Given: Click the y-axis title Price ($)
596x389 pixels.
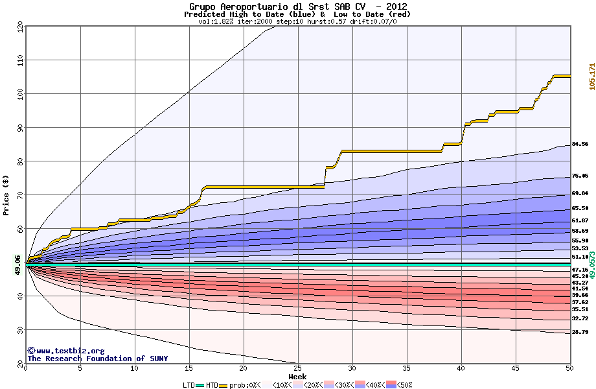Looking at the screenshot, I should [x=6, y=195].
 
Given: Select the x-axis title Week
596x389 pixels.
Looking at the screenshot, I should [x=298, y=377].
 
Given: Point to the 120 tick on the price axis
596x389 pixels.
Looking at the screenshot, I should [x=19, y=26].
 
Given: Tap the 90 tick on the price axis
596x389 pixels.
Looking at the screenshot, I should [x=19, y=128].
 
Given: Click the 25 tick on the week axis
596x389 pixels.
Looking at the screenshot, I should [x=298, y=368].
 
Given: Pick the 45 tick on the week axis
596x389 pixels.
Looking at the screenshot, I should [x=516, y=368].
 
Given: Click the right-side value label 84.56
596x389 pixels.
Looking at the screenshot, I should [x=580, y=144].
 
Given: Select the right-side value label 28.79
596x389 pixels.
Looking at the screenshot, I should [x=580, y=332].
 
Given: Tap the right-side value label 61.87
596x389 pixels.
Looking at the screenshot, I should [x=580, y=220].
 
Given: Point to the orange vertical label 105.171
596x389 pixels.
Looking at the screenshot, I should [x=591, y=77].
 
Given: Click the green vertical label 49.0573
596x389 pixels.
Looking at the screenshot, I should [x=591, y=264].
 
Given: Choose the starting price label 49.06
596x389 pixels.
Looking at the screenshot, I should [x=17, y=264].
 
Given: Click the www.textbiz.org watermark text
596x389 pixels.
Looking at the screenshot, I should [x=66, y=351].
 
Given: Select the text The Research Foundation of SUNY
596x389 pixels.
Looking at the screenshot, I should [x=97, y=359].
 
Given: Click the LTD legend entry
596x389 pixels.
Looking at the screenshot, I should [x=190, y=385].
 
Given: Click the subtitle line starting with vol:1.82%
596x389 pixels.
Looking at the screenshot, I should [x=298, y=21].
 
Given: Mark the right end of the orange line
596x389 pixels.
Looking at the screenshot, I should [x=570, y=76].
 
